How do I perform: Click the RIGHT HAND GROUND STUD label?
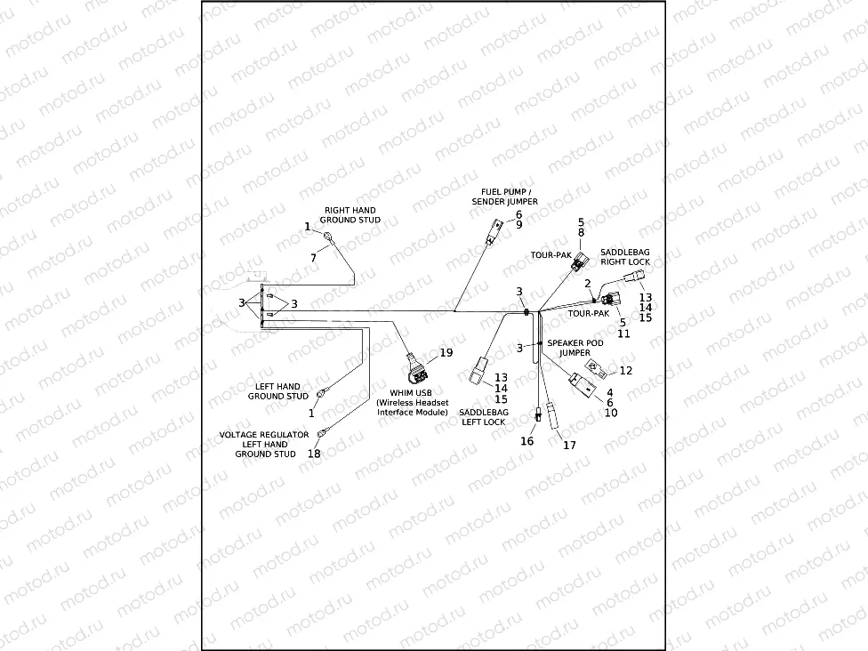coord(350,215)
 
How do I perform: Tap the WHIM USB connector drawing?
coord(415,362)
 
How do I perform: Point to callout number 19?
coord(446,352)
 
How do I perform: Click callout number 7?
coord(313,257)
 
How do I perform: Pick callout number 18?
coord(314,454)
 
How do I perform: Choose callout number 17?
coord(570,445)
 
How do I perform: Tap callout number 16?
coord(527,440)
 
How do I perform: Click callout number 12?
coord(626,370)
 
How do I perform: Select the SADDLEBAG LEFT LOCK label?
coord(483,417)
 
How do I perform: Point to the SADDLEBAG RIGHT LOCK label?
coord(625,257)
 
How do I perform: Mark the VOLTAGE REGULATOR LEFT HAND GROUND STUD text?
coord(265,445)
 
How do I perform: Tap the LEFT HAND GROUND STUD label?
coord(277,391)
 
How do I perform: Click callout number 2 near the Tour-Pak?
coord(588,283)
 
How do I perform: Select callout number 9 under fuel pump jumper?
coord(518,225)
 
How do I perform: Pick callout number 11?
coord(623,334)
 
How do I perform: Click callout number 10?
coord(610,414)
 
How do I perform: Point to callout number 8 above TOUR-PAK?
coord(581,233)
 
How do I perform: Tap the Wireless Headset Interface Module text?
coord(413,407)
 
